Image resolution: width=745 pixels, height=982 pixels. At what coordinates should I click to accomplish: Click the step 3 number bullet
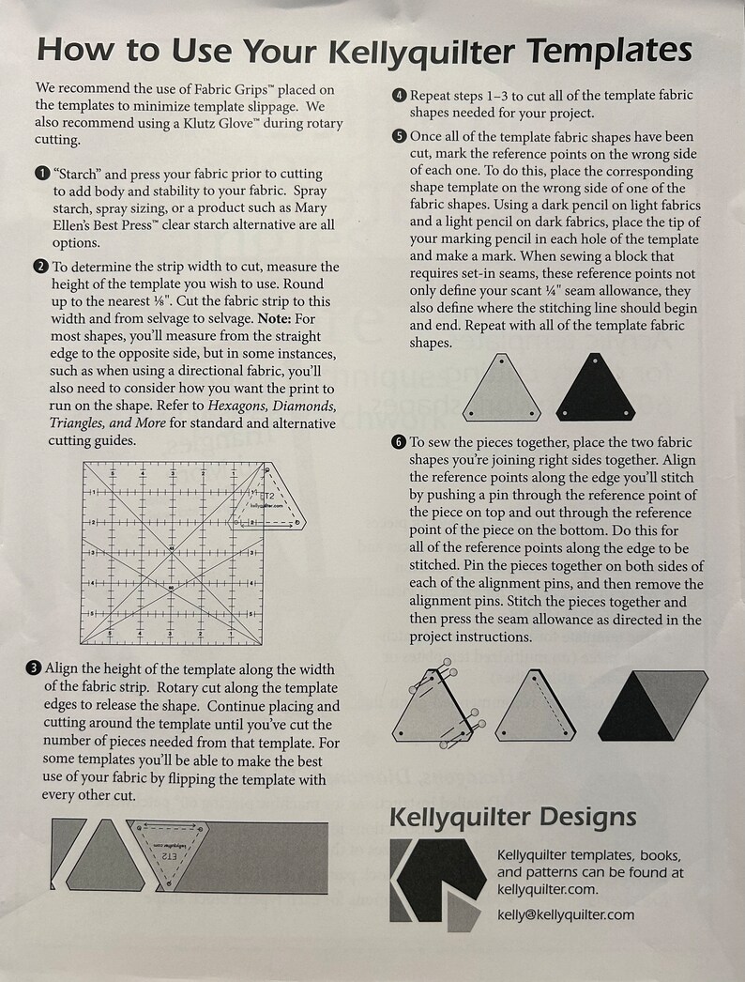(34, 669)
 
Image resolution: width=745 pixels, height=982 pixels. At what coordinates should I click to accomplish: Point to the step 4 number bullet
(399, 95)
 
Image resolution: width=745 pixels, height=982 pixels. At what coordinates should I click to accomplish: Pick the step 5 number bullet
(399, 136)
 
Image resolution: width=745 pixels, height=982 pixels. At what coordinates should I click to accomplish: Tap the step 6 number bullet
(399, 441)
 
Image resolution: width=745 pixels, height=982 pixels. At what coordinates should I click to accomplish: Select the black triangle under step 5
(595, 389)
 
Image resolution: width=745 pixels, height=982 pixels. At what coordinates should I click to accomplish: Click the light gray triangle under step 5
(503, 389)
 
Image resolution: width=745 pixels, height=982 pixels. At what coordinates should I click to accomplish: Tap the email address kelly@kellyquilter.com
(565, 914)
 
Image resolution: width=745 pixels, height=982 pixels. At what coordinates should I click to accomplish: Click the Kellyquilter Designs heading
(512, 817)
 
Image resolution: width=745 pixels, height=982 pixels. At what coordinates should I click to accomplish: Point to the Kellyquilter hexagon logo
(433, 882)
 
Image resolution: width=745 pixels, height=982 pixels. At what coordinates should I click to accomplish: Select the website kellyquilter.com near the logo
(547, 889)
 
